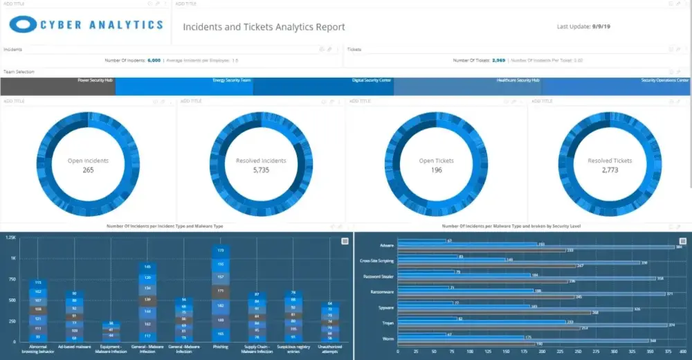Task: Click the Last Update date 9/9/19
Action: pos(607,27)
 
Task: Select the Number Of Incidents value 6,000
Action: pos(154,60)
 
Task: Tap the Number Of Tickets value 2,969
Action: pos(498,60)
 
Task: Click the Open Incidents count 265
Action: pos(88,170)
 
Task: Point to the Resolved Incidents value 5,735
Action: pos(260,170)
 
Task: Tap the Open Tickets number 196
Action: pos(437,170)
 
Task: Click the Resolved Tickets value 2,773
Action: pos(610,170)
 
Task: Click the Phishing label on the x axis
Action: pos(221,346)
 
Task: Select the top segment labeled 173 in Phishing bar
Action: pos(221,251)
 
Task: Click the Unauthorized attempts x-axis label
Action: pos(330,348)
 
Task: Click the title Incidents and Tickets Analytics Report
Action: pos(264,27)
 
